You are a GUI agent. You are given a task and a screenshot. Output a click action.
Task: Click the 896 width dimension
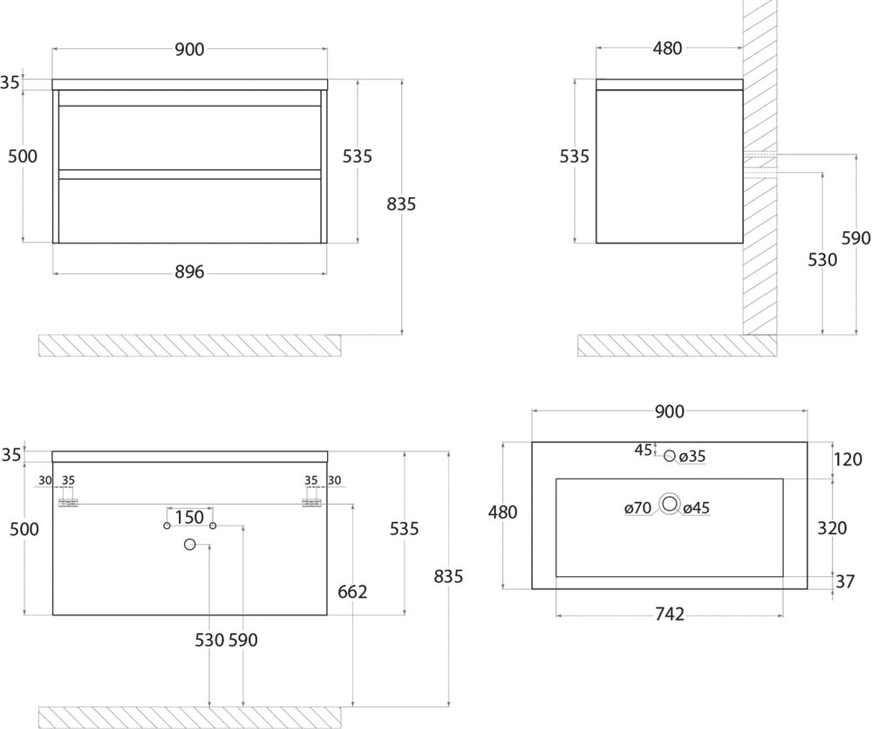point(189,272)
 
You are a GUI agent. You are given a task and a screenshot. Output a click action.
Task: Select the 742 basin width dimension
point(670,615)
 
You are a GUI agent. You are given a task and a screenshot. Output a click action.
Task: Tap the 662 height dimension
point(352,591)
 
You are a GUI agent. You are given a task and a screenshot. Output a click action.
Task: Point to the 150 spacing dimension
point(189,518)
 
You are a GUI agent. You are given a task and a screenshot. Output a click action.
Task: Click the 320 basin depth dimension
point(832,528)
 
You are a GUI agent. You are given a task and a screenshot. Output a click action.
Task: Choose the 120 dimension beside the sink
point(848,459)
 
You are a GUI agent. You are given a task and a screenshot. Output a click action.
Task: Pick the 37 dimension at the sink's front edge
point(845,581)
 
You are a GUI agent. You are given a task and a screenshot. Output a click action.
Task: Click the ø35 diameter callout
point(692,457)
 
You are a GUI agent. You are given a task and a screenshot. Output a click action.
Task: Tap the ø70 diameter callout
point(638,508)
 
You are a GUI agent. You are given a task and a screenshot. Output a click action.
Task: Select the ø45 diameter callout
point(696,508)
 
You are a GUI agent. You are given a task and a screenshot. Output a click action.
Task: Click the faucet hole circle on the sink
point(670,456)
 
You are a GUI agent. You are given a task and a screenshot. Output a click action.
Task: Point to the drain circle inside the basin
point(670,504)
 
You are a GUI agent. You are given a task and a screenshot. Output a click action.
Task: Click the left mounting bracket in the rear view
point(68,504)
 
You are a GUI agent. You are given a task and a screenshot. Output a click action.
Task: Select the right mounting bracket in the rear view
point(311,504)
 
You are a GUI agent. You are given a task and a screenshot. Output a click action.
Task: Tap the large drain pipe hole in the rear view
point(189,545)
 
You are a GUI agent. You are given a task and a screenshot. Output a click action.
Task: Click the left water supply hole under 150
point(167,526)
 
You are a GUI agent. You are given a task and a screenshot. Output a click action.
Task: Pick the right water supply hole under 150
point(213,526)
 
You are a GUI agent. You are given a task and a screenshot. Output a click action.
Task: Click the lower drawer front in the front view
point(189,210)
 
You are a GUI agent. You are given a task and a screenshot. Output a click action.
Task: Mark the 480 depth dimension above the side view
point(667,48)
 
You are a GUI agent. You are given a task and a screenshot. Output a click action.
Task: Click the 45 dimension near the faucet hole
point(644,450)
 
